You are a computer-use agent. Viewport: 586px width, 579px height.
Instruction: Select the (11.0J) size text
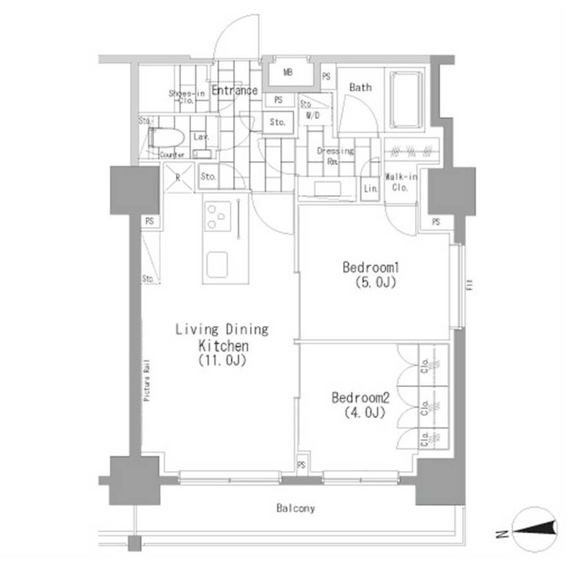coord(221,361)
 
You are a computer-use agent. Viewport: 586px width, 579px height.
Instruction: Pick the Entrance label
coord(234,90)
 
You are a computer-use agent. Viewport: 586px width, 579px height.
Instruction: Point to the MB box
coord(288,74)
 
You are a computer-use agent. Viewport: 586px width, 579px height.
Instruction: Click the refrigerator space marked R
coord(177,177)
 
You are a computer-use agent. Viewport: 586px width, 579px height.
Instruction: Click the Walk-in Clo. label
coord(397,182)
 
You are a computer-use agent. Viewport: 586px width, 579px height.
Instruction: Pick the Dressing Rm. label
coord(335,156)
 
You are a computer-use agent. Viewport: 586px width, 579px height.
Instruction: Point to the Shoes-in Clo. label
coord(186,96)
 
